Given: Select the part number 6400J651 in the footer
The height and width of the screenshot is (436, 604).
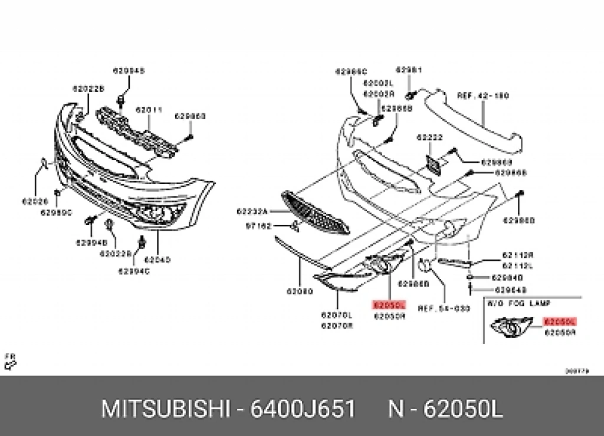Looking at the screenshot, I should [x=303, y=408].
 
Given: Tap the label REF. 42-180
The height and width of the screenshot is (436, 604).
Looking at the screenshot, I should [x=483, y=96].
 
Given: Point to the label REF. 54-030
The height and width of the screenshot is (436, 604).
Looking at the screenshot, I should [x=444, y=308].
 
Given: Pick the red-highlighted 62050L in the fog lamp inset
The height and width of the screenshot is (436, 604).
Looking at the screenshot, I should [x=560, y=322].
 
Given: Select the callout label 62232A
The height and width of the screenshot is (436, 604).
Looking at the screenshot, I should [x=252, y=211].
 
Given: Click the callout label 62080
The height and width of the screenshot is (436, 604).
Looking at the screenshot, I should [x=299, y=291].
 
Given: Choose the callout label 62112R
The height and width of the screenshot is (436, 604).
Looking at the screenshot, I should [x=517, y=255].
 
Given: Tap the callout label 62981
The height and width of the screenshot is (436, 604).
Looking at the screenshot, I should [x=408, y=70].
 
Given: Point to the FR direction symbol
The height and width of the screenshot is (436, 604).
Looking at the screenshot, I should [x=10, y=361].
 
